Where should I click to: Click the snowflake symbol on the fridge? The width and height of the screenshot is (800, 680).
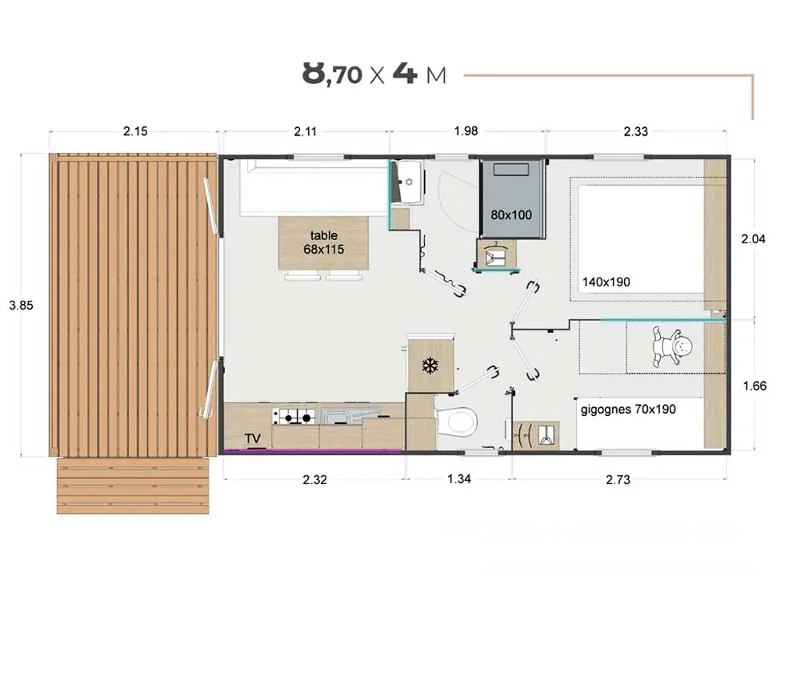430,366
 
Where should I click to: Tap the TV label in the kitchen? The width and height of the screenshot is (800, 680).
253,438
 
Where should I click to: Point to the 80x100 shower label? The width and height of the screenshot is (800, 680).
511,214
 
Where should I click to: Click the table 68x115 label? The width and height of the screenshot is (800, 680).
324,242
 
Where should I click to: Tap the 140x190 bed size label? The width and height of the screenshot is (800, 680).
606,282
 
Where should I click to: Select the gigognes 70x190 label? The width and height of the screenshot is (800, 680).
628,409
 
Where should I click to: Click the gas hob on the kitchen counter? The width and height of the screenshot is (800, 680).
294,416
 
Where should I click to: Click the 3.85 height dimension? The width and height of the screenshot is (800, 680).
21,305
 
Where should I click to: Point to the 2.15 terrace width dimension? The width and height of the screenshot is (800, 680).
135,131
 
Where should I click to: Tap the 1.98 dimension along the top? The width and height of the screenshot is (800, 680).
466,131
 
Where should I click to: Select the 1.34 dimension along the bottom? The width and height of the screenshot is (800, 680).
459,478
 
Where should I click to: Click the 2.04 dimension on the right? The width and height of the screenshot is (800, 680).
753,238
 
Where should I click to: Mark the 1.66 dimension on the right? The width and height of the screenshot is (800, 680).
754,386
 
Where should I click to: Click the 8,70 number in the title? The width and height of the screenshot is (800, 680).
332,73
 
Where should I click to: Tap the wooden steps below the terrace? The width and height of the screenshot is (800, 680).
133,486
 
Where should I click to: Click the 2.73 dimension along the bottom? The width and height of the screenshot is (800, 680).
618,479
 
